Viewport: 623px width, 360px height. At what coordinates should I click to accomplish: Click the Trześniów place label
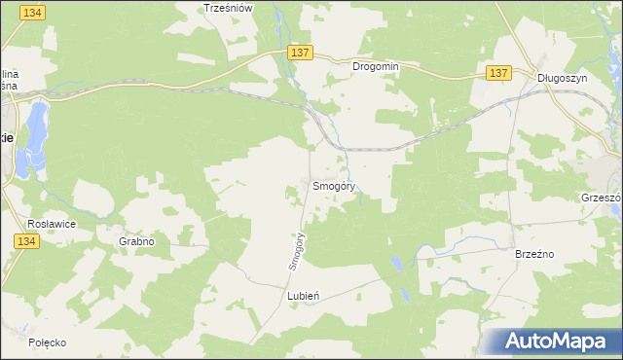coord(228,7)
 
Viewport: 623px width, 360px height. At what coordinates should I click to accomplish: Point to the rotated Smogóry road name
coord(299,250)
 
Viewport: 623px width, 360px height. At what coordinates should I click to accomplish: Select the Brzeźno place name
coord(533,252)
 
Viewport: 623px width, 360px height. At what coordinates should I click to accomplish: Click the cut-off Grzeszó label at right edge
coord(601,196)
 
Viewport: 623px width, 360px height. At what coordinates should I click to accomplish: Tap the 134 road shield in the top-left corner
coord(32,12)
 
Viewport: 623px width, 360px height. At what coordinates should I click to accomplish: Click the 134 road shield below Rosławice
coord(26,241)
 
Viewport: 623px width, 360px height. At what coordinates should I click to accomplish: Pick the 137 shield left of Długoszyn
coord(498,73)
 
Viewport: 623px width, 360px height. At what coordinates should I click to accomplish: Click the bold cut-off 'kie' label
coord(6,138)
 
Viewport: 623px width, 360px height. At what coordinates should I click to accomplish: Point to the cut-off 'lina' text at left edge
coord(9,74)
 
